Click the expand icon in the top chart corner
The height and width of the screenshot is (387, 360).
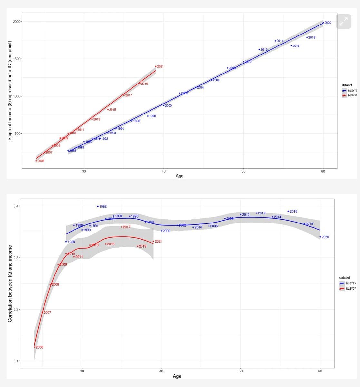344,22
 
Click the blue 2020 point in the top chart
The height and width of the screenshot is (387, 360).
323,23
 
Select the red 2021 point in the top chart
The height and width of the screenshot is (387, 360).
156,66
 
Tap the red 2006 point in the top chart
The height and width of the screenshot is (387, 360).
36,161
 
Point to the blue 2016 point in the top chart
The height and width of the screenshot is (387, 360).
291,46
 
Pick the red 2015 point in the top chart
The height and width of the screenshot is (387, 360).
108,110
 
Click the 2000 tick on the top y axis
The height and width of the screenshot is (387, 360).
17,22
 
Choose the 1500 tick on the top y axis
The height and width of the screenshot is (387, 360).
17,59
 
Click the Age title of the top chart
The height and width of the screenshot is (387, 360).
180,176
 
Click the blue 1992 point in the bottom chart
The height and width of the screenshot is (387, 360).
98,206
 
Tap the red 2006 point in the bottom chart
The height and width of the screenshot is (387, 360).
34,347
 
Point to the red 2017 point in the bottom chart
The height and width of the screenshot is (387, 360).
122,227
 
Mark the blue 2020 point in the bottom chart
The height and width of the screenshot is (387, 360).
320,237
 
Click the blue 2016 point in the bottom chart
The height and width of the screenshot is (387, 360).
288,211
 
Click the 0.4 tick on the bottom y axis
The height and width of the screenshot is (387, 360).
16,206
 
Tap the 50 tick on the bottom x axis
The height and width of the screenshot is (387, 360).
241,371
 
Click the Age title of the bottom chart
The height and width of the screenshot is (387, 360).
177,376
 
